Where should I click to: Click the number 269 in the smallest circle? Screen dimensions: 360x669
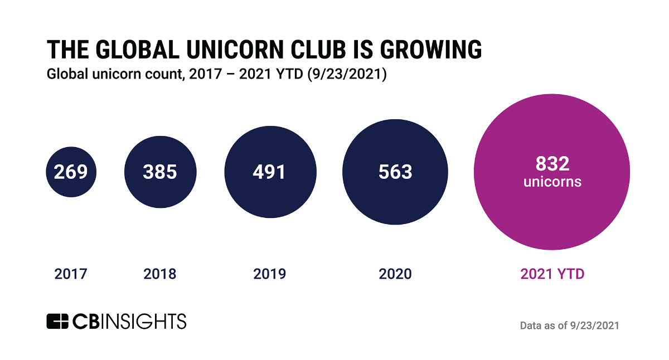[x=71, y=172]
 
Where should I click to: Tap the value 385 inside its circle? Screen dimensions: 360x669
[x=160, y=172]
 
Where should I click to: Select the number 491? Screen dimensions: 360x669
[x=269, y=172]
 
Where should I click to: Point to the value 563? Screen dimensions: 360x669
[x=395, y=172]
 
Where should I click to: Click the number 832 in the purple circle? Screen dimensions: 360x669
[x=552, y=164]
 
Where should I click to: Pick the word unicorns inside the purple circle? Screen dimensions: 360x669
[x=552, y=182]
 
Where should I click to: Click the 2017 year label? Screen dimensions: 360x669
[x=71, y=274]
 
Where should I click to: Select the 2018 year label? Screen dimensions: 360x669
[x=160, y=274]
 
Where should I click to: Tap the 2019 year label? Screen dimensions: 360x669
[x=269, y=274]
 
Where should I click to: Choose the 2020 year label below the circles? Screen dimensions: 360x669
[x=395, y=274]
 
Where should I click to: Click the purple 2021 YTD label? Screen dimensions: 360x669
[x=552, y=274]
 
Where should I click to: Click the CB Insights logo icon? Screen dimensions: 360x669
[x=57, y=322]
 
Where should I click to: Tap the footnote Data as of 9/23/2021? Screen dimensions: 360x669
[x=569, y=325]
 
